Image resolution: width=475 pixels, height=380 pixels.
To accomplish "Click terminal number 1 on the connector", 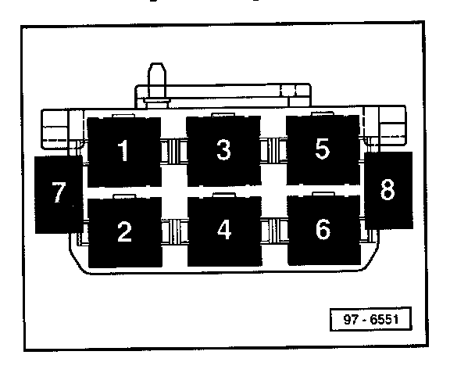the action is (x=123, y=151).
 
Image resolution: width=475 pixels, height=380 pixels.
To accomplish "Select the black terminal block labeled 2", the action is (x=124, y=232).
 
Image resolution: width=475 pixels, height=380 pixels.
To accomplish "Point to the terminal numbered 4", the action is (x=224, y=231).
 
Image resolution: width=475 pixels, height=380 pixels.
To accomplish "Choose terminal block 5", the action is (x=323, y=150).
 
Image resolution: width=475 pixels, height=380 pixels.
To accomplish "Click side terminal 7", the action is (x=58, y=193).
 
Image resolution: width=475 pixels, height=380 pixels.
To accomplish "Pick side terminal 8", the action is (x=388, y=189).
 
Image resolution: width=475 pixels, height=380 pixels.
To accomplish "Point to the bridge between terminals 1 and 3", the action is (x=173, y=149).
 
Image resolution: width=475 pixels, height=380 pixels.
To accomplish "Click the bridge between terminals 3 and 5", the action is (x=273, y=149).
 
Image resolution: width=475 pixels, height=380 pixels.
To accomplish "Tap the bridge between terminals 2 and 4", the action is (x=173, y=232).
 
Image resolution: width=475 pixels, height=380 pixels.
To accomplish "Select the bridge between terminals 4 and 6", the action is (x=273, y=232).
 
